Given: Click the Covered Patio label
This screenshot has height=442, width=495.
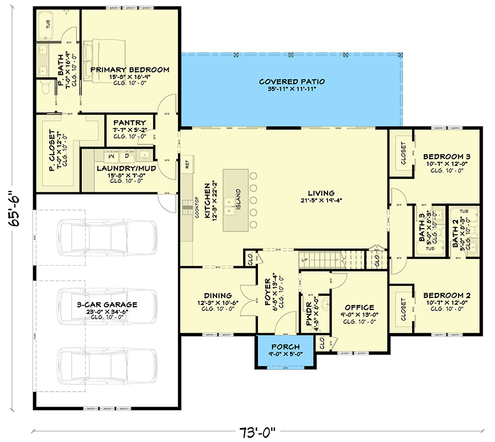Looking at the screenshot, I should click(x=292, y=82).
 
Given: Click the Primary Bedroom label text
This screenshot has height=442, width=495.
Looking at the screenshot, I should click(x=129, y=70).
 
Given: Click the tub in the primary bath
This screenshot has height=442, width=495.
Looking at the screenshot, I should click(x=48, y=25).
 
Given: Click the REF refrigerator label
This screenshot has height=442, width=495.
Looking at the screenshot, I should click(x=187, y=163).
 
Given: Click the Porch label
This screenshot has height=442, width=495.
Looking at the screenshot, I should click(x=285, y=347).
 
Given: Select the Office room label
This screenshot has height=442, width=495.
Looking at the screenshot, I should click(x=359, y=308).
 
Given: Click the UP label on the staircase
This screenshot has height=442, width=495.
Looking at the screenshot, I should click(x=305, y=259).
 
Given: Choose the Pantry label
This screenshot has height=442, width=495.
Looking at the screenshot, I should click(x=130, y=123).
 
